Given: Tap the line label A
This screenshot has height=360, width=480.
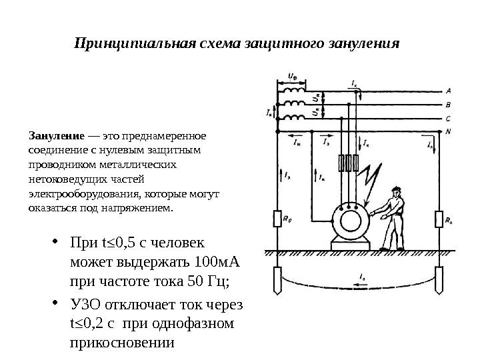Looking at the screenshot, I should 448,90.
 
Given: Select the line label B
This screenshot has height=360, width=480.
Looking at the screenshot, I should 448,104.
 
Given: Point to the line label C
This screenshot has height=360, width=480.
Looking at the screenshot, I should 448,118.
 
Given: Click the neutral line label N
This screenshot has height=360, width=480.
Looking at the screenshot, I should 448,131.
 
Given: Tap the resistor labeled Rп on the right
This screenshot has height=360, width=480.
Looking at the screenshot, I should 439,217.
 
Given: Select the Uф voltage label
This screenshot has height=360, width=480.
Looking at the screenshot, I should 292,75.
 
